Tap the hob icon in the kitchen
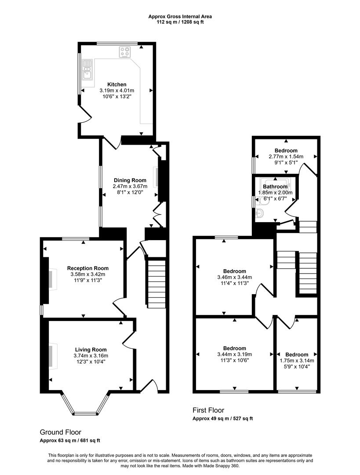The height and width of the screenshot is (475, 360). click(125, 52)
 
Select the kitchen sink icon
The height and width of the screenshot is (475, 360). click(87, 69)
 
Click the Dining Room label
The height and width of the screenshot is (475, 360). click(130, 180)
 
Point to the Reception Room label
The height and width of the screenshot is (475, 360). click(87, 268)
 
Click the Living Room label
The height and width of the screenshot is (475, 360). click(91, 350)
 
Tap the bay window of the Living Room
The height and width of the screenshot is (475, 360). click(85, 405)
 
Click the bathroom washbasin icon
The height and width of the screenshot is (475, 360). click(260, 214)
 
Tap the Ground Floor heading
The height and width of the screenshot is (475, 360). click(60, 432)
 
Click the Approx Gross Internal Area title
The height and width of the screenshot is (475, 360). click(180, 17)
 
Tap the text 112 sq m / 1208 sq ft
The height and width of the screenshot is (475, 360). click(180, 22)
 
